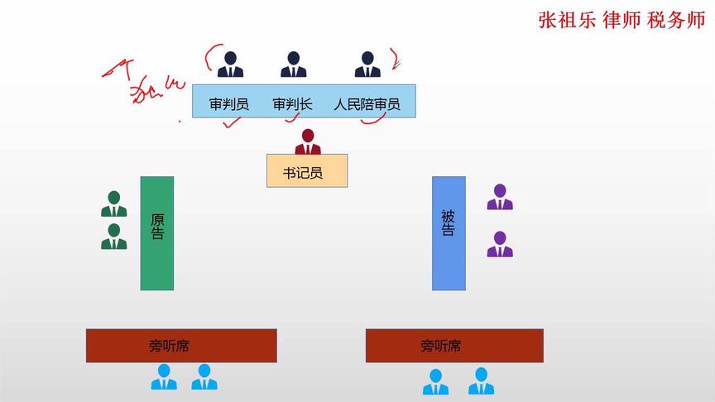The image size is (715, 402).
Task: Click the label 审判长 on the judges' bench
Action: [292, 105]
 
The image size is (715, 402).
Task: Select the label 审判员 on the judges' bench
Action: [228, 105]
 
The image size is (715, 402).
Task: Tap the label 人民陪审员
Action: [367, 105]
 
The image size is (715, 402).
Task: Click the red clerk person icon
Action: [308, 142]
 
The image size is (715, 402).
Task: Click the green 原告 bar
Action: [157, 232]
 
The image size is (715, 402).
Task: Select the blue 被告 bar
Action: [449, 232]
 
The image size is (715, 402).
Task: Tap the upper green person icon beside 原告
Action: [114, 204]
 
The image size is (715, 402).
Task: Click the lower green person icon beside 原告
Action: [114, 237]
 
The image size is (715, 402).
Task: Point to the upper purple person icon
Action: [499, 197]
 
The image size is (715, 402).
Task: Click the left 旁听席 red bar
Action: [181, 345]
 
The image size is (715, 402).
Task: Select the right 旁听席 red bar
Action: [454, 345]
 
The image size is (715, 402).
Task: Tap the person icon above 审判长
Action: [293, 65]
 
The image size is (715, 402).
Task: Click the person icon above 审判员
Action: [230, 65]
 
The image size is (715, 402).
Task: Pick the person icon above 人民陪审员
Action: [367, 65]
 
